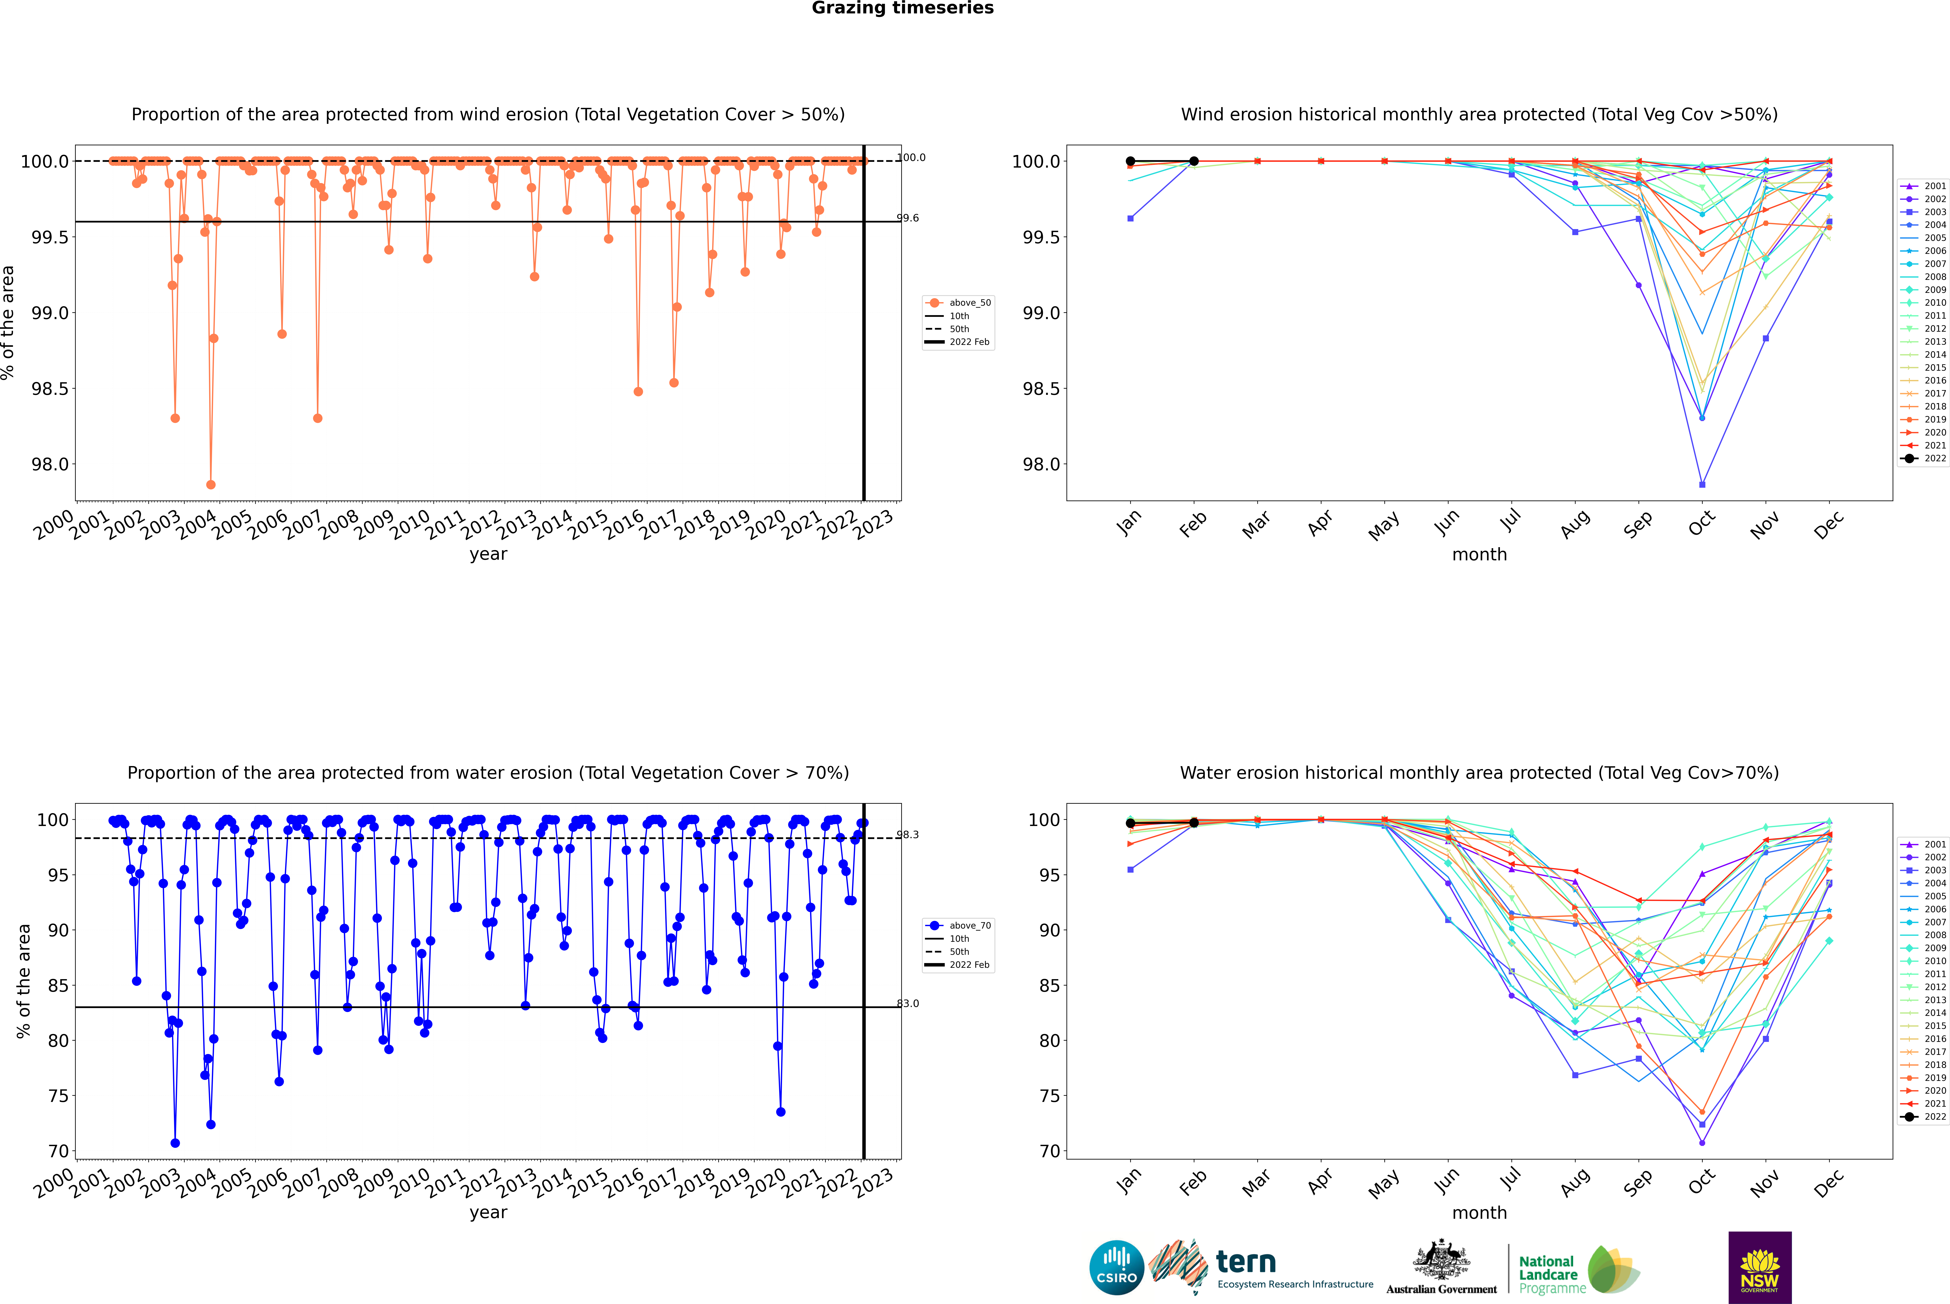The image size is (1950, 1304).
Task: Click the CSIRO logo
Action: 1116,1267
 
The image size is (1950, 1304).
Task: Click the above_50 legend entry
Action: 958,303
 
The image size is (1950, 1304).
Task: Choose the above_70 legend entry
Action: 958,926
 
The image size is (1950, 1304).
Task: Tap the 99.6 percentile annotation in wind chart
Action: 908,218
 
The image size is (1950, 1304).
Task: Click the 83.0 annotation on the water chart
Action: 908,1004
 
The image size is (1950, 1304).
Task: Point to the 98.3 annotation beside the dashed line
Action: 908,835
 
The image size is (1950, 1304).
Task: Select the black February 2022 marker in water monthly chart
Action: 1194,822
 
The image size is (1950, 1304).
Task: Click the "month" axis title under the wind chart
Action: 1479,555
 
